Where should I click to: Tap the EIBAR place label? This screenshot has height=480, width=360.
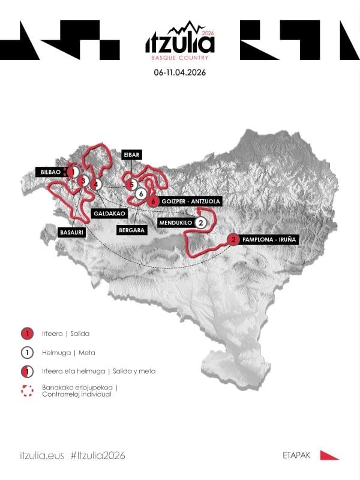[131, 154]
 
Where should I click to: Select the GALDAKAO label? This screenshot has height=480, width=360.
[109, 214]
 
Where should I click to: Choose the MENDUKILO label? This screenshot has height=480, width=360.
[175, 223]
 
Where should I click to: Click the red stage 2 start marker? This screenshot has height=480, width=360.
[233, 240]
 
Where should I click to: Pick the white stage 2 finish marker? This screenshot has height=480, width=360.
[201, 223]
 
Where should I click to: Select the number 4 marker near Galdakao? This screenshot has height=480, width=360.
[97, 184]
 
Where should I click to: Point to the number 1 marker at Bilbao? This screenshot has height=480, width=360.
[73, 172]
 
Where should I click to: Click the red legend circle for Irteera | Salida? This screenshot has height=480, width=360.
[26, 334]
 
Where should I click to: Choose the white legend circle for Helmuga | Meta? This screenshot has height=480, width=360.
[26, 352]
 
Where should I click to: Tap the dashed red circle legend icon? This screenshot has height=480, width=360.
[26, 391]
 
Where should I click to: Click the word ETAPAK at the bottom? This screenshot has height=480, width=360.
[296, 456]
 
